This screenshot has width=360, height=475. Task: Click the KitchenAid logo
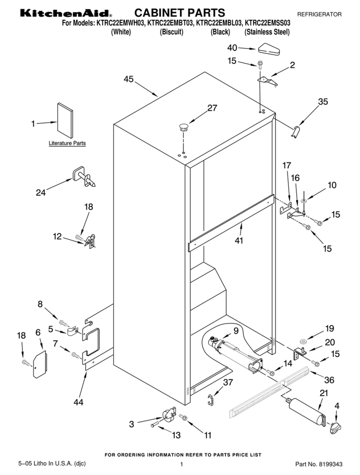66,13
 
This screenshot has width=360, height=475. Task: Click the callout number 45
129,79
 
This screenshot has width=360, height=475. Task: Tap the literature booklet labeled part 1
65,121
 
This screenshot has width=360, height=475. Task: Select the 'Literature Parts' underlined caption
67,143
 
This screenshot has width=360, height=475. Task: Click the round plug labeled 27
184,127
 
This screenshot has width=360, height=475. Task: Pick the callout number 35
323,101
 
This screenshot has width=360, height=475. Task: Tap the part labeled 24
84,177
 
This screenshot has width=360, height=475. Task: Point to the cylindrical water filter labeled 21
307,409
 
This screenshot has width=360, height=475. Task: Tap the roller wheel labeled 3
168,414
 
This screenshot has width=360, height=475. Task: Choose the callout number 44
78,402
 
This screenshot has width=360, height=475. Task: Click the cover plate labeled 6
40,365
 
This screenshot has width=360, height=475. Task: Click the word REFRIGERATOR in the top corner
319,14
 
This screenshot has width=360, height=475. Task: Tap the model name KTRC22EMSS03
267,23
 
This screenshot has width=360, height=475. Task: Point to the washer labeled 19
303,342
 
